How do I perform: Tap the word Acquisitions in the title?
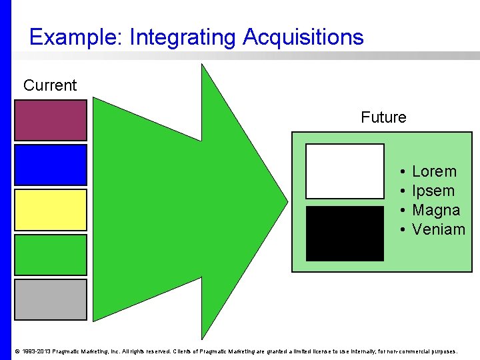303,37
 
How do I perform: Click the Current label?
50,85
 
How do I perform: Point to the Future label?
383,118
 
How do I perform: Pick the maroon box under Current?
51,120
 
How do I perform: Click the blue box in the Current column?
51,165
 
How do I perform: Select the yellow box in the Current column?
51,210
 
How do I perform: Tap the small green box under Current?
51,255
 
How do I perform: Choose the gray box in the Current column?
51,299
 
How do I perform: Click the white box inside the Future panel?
345,171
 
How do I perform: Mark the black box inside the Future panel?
345,233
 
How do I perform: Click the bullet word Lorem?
434,172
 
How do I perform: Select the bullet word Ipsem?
433,191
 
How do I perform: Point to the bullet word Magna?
436,211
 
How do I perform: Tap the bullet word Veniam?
439,230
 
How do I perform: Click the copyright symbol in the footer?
17,351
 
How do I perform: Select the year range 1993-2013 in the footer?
36,351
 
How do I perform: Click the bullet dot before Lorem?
403,172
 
